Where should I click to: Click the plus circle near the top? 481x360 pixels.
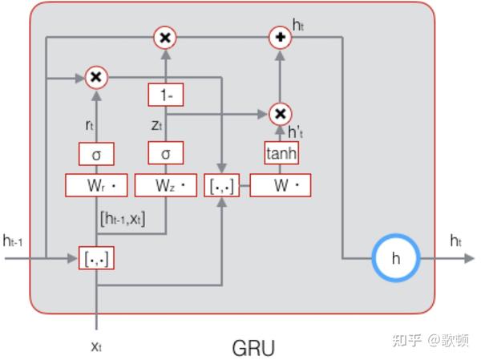281,37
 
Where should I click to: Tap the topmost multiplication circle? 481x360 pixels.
165,37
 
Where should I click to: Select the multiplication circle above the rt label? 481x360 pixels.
96,77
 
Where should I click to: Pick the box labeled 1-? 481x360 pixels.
166,95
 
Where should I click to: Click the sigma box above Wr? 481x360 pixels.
97,152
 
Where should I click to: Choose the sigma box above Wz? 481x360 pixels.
166,152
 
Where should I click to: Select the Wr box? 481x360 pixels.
97,186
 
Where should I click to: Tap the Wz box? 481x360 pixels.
166,186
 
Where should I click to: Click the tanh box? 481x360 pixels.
281,152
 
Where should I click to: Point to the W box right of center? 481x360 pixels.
281,186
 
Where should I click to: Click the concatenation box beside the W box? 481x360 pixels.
221,186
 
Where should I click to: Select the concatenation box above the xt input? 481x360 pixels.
97,258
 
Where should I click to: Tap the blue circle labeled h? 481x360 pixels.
395,258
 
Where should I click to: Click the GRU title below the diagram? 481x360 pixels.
253,349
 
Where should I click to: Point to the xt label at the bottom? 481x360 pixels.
96,346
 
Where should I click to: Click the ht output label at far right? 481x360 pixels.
456,241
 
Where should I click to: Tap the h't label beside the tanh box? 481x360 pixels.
297,131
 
